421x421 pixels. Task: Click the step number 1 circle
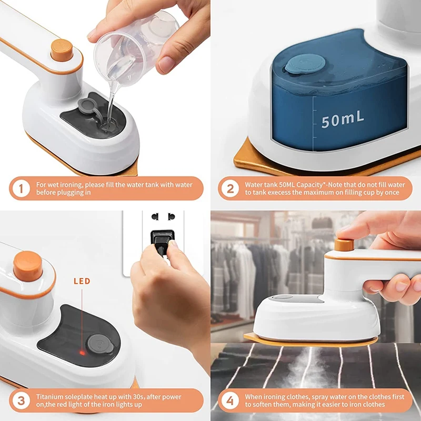pos(21,188)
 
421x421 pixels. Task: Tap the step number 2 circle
pos(230,188)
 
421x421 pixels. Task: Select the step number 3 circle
pos(21,400)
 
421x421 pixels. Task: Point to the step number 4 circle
pos(230,400)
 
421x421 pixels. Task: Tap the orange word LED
pos(81,282)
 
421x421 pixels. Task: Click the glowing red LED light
pos(82,352)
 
